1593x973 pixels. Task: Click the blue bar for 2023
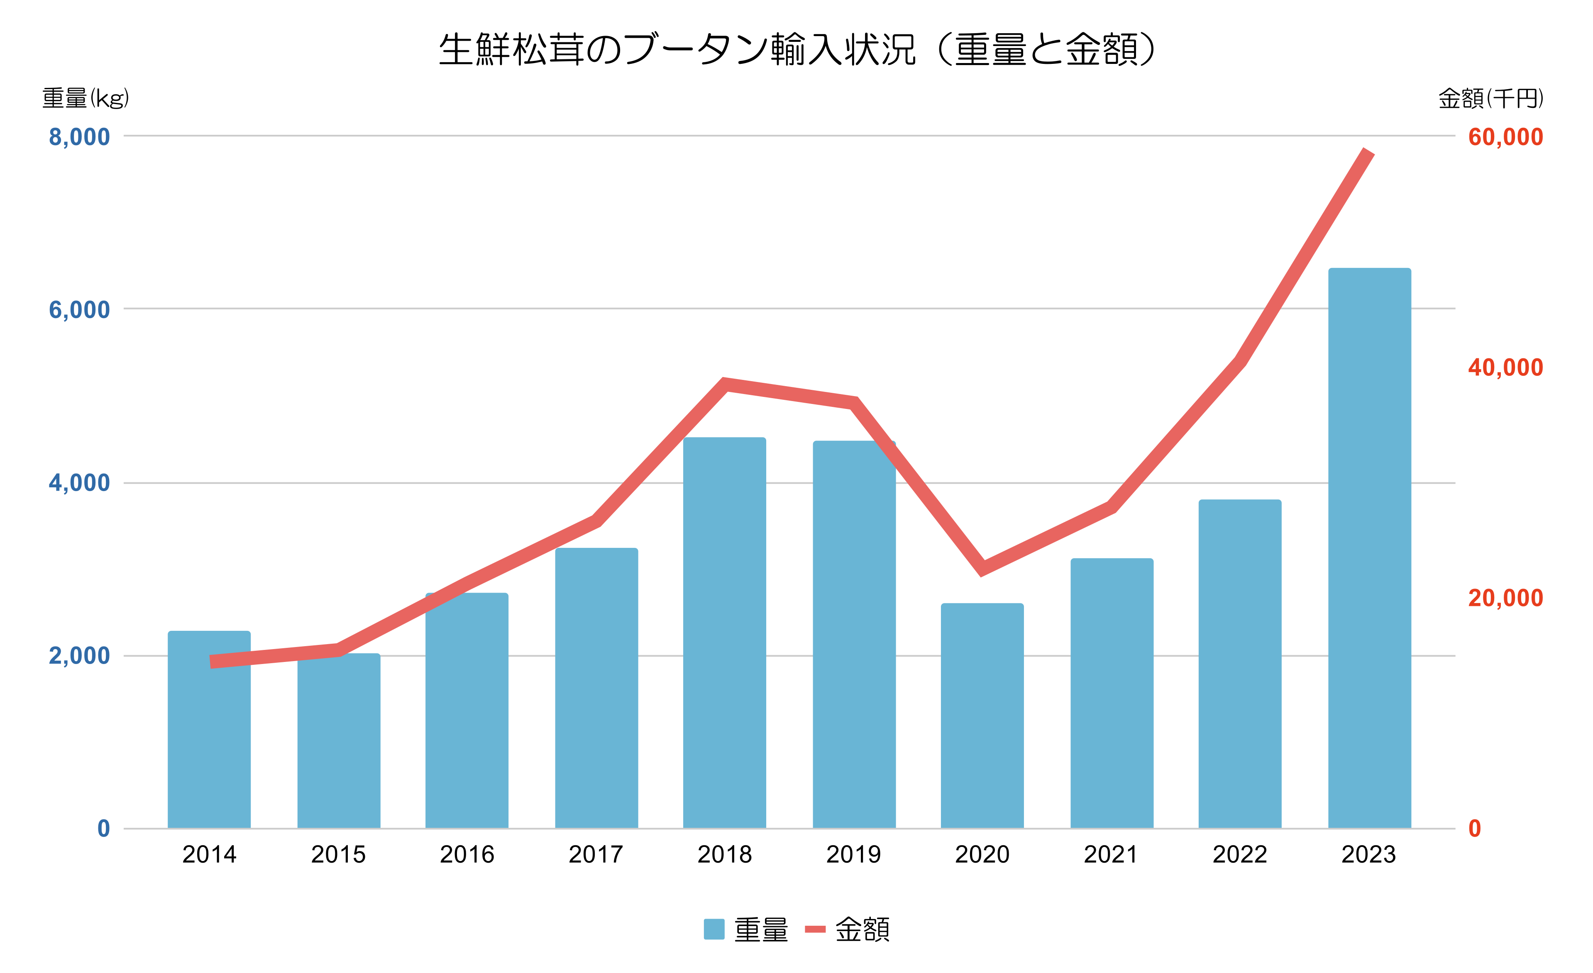1369,549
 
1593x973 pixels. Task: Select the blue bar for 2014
209,730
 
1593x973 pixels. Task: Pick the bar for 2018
724,633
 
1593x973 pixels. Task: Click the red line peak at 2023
1368,153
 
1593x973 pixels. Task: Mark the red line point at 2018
725,384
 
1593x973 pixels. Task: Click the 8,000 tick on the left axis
80,137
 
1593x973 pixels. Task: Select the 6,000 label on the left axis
80,310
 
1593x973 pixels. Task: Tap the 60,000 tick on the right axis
1505,137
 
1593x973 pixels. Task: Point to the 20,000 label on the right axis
1505,598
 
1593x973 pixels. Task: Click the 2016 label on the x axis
467,855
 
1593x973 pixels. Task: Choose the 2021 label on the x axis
1111,855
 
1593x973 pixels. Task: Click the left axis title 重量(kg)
86,98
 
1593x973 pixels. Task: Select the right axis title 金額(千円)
1490,98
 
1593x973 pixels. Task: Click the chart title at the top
796,50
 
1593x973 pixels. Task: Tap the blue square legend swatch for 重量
714,929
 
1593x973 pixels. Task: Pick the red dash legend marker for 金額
815,929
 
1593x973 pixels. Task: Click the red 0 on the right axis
1475,829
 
